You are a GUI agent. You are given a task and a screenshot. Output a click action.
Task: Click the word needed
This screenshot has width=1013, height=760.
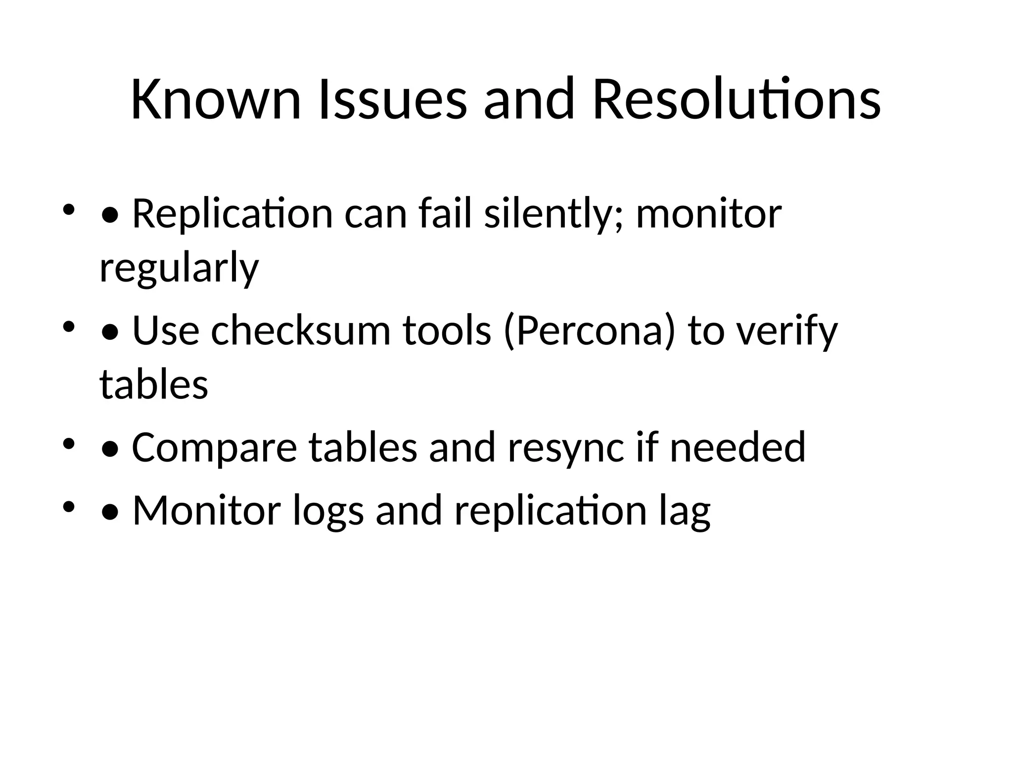[x=737, y=447]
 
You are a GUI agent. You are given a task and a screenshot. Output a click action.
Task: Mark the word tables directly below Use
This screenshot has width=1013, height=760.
[x=154, y=384]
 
